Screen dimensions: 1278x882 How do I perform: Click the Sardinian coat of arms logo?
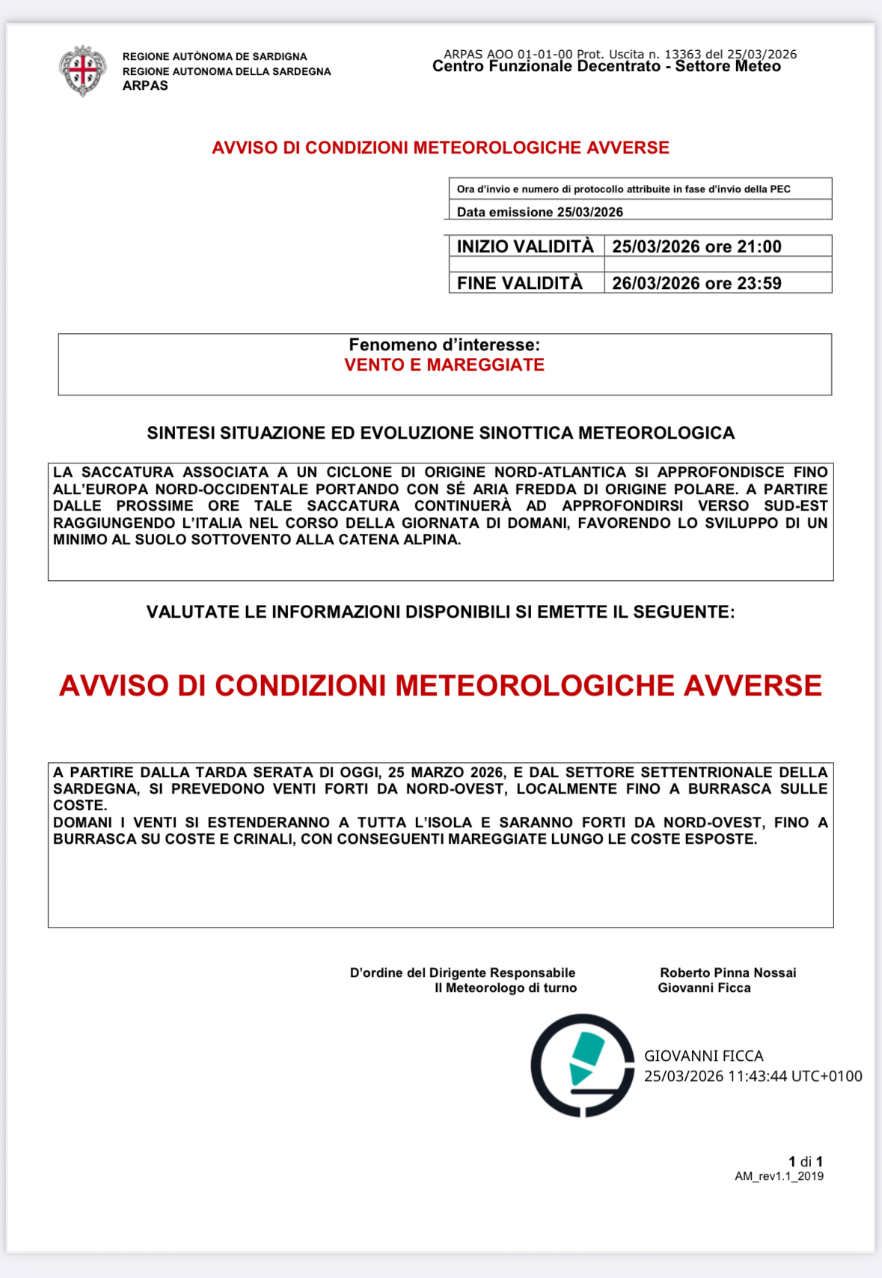82,70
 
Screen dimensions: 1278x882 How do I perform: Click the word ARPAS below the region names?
145,85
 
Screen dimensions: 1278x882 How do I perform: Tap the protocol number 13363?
682,54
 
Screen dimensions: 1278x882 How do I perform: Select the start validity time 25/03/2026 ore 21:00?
696,246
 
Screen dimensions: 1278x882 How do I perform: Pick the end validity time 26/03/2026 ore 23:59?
696,283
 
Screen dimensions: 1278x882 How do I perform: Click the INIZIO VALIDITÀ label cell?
525,246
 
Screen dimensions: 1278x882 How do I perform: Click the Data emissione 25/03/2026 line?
539,212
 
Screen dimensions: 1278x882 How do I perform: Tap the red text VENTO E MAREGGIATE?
444,365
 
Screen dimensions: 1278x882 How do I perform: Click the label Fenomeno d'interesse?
444,344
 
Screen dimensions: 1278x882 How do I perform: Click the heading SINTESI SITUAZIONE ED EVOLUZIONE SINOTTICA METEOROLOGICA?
441,433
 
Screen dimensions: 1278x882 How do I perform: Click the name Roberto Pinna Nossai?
728,973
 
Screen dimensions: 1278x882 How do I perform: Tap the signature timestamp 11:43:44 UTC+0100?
795,1076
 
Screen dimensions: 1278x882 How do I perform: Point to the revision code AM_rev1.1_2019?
779,1176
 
